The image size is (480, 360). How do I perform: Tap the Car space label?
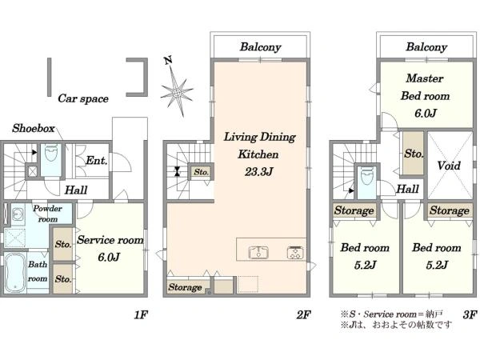(x=83, y=98)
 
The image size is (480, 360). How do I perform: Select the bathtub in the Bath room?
(x=15, y=273)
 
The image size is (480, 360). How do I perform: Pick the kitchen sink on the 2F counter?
(x=258, y=253)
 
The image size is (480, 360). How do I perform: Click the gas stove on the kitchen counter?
(x=295, y=253)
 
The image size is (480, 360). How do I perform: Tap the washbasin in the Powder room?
(x=18, y=214)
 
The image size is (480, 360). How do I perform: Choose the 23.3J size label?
(x=258, y=172)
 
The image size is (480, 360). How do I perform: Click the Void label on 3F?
(x=449, y=166)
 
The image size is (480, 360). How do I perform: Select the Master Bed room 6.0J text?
(x=426, y=96)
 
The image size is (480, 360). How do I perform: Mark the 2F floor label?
(x=303, y=314)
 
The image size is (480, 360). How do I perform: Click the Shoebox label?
(x=34, y=128)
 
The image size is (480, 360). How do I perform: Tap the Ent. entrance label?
(x=97, y=160)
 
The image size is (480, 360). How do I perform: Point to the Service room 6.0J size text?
(x=109, y=257)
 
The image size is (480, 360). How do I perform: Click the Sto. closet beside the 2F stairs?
(x=201, y=172)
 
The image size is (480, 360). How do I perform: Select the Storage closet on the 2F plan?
(x=186, y=286)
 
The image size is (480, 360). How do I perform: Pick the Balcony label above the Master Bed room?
(x=426, y=47)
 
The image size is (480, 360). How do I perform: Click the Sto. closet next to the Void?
(x=414, y=153)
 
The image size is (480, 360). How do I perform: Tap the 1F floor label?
(x=141, y=314)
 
